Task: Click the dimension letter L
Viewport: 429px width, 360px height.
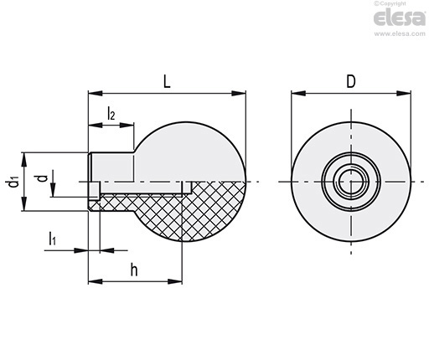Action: [167, 82]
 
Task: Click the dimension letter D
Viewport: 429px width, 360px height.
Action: [351, 82]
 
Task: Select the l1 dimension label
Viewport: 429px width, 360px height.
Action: [53, 239]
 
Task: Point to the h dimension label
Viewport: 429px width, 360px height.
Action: [134, 270]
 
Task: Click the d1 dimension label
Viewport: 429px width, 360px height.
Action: [13, 182]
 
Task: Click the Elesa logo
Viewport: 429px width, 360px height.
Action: [400, 18]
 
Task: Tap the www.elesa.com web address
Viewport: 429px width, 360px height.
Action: [400, 33]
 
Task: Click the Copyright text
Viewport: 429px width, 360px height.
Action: [390, 3]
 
